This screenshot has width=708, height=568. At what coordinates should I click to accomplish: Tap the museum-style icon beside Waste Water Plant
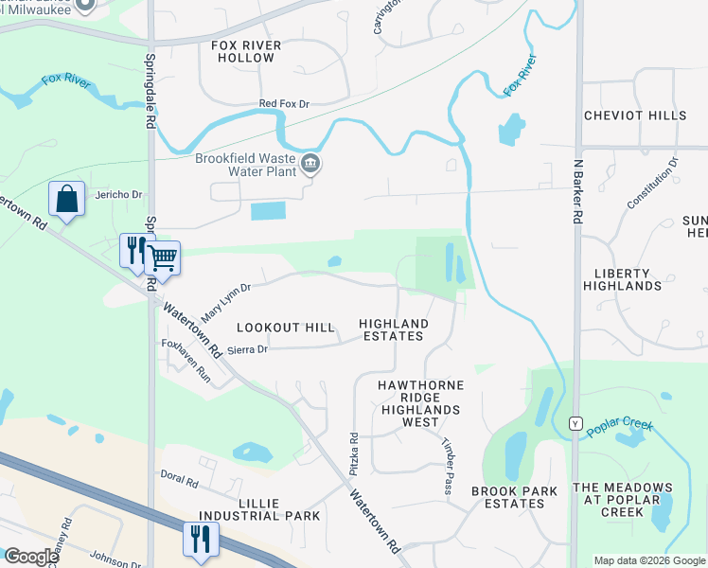(x=310, y=166)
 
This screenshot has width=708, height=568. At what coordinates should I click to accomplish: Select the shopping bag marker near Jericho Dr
(x=66, y=200)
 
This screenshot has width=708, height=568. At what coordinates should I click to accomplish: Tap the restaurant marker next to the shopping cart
(x=133, y=251)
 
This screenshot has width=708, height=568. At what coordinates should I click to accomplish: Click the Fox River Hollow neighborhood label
(x=242, y=50)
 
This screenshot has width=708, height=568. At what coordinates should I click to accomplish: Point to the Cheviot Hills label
(x=634, y=115)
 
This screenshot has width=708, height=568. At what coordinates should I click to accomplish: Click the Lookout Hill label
(x=285, y=328)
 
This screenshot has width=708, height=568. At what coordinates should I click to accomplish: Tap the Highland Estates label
(x=394, y=329)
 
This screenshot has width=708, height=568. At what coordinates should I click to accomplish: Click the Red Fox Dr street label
(x=285, y=105)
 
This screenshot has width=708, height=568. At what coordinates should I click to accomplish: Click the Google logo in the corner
(x=30, y=557)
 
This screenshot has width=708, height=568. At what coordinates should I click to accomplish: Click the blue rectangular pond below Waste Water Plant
(x=267, y=211)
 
